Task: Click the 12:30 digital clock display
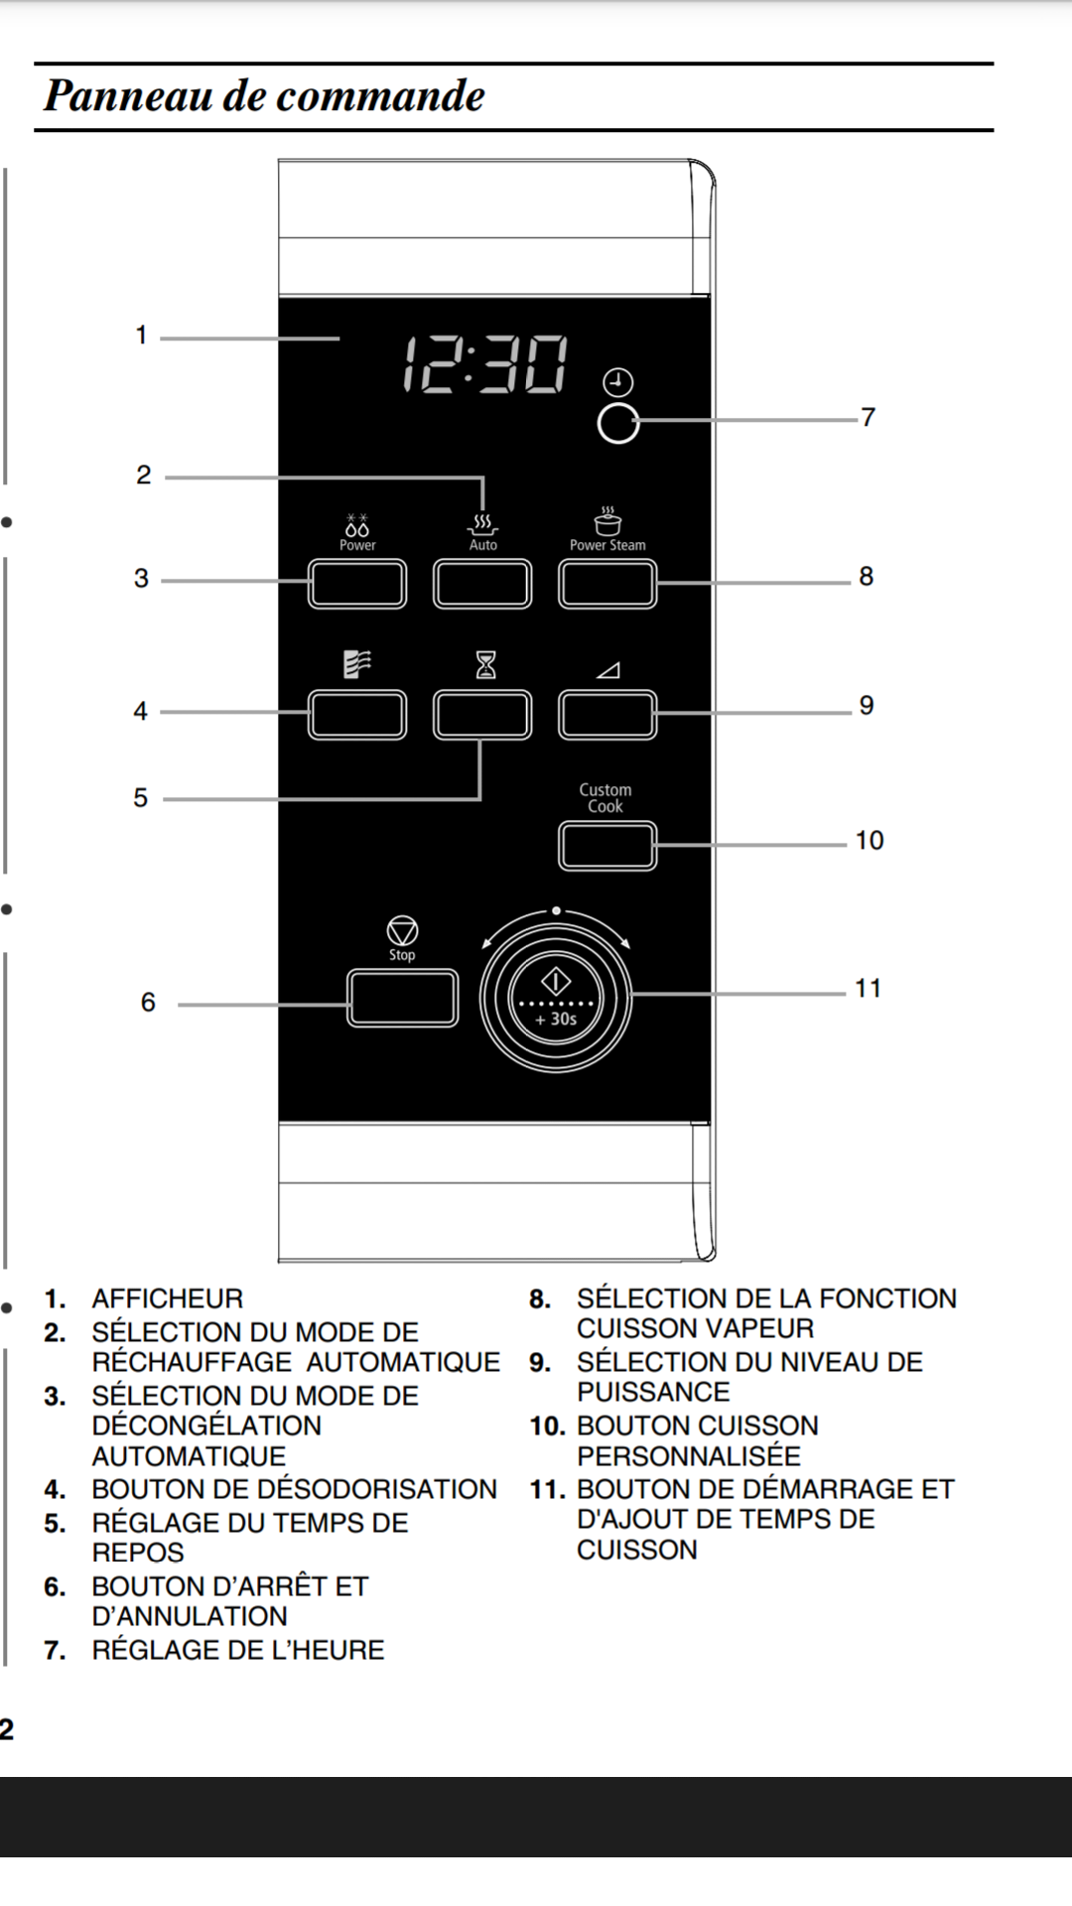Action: (x=485, y=364)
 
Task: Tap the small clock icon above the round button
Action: (x=617, y=382)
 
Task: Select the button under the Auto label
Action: (x=482, y=584)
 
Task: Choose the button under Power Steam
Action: (x=607, y=584)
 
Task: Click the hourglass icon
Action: (x=485, y=664)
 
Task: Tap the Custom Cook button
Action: (x=607, y=846)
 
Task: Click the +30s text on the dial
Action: (x=556, y=1019)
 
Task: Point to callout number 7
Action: (x=869, y=417)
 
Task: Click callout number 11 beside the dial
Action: (x=868, y=989)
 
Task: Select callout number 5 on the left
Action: (x=141, y=798)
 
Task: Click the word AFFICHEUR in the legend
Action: (x=167, y=1298)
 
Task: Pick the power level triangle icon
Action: (x=607, y=670)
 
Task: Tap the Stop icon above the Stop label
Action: (x=402, y=931)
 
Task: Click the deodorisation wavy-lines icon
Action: (x=357, y=664)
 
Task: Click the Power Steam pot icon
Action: (x=607, y=520)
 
